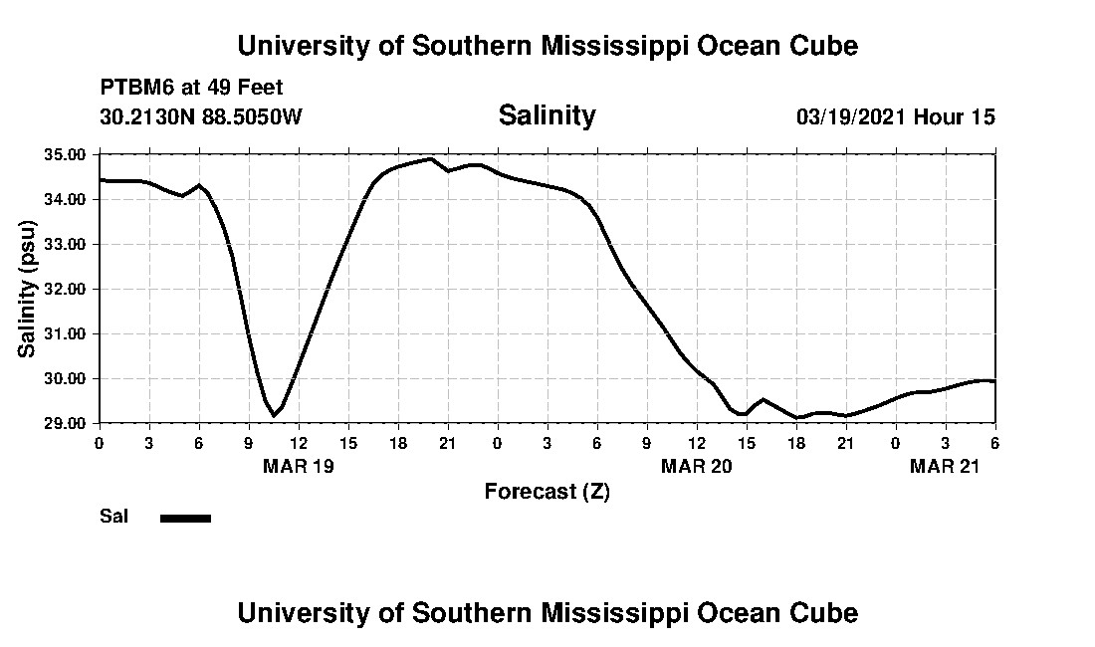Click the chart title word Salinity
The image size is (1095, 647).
click(547, 115)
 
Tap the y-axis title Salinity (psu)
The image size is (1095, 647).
click(27, 290)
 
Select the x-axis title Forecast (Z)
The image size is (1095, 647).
click(547, 491)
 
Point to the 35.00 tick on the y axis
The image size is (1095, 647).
click(65, 155)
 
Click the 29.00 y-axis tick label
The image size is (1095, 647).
click(65, 424)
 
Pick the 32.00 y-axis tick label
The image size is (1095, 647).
click(65, 290)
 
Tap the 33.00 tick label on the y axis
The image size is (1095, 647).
click(65, 245)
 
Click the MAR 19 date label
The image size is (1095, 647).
click(298, 467)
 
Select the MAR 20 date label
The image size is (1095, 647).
click(696, 467)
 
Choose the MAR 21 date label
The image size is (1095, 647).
click(945, 467)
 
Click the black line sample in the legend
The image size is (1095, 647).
click(185, 518)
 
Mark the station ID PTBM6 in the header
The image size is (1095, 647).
click(132, 88)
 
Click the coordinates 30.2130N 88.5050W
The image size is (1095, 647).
click(201, 116)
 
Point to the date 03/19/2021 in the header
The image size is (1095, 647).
click(851, 116)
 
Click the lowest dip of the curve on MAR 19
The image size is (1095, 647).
click(274, 415)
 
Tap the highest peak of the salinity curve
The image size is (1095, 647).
click(430, 158)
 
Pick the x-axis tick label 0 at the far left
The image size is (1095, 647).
click(99, 443)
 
